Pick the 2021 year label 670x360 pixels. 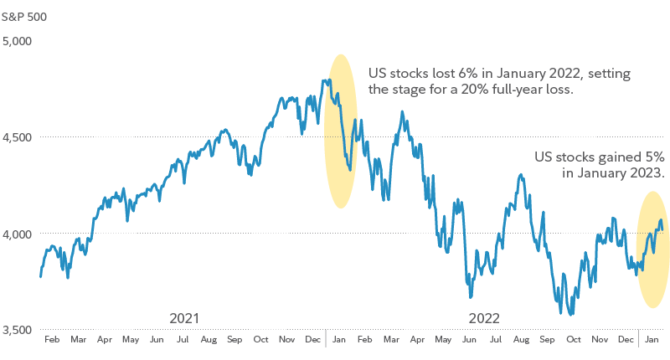point(184,318)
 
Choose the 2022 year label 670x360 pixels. point(484,318)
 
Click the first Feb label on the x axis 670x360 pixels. point(52,341)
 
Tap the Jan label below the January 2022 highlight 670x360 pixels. point(339,341)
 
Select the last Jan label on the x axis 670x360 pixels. point(651,341)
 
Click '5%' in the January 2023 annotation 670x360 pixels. point(651,157)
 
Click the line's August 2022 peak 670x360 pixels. point(521,175)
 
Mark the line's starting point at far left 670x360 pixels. point(40,275)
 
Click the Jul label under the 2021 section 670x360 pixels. point(183,341)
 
